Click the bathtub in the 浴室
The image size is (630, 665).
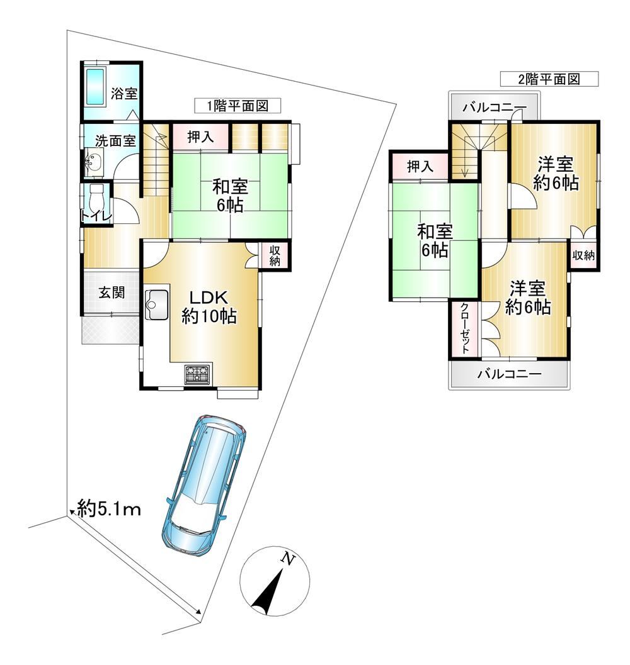(x=96, y=86)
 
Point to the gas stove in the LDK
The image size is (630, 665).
(x=198, y=374)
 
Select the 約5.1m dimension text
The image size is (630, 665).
(x=109, y=508)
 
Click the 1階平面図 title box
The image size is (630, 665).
(x=238, y=106)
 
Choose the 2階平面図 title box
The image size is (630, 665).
(x=549, y=79)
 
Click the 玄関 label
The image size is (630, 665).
(x=112, y=293)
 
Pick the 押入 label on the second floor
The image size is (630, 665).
(x=420, y=166)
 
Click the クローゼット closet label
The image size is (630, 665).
(x=465, y=328)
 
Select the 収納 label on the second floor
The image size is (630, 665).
(x=584, y=255)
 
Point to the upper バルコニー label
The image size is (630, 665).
(x=495, y=108)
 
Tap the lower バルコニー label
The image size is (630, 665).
(x=509, y=374)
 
